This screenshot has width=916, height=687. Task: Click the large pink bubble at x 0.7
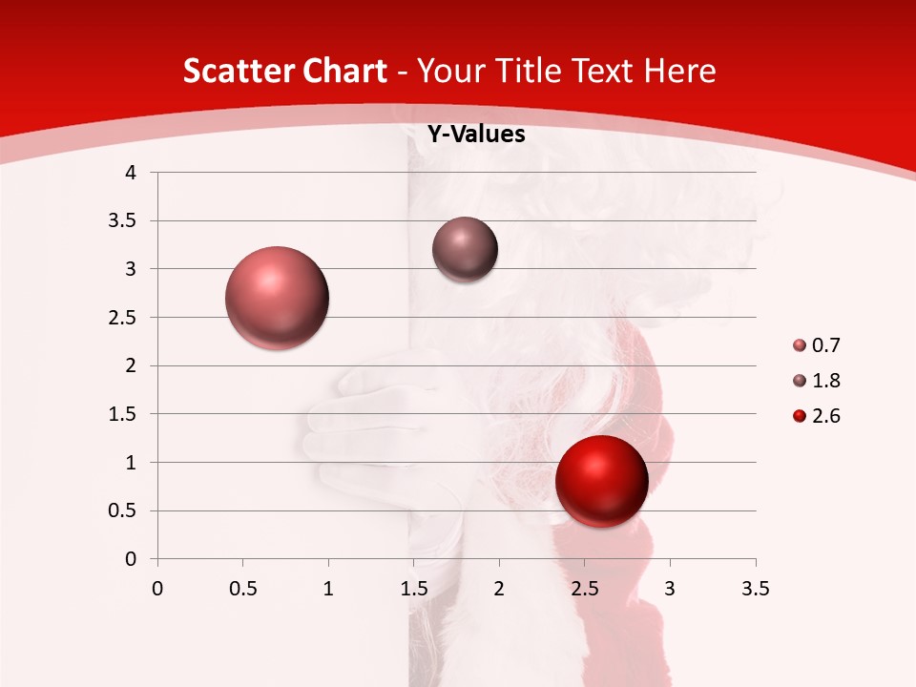click(x=277, y=298)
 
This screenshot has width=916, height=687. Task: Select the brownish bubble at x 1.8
click(x=465, y=250)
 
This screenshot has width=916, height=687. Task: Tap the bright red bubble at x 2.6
click(x=601, y=481)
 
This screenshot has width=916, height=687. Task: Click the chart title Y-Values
click(x=476, y=135)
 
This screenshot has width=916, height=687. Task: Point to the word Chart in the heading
click(x=344, y=71)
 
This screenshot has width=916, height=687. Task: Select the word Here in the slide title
click(x=679, y=71)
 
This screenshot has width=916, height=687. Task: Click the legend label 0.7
click(x=825, y=345)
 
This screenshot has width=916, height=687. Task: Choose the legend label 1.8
click(x=825, y=381)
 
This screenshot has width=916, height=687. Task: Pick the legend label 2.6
click(x=825, y=416)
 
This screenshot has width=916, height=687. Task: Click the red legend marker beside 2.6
click(x=800, y=416)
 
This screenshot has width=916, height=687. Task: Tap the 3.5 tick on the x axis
click(x=755, y=589)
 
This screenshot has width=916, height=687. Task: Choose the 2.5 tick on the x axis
click(x=584, y=589)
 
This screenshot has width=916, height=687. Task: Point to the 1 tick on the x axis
click(x=328, y=589)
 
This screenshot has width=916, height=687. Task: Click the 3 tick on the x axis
click(x=670, y=589)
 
